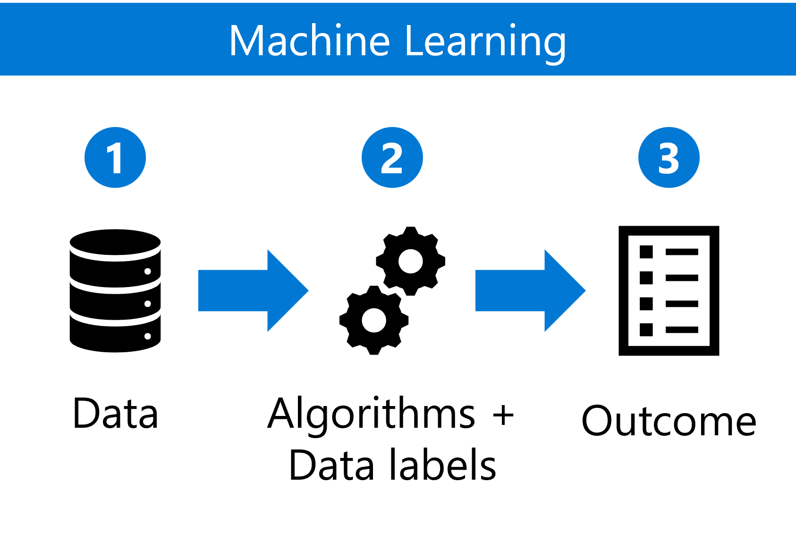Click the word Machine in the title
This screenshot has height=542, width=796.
(x=309, y=41)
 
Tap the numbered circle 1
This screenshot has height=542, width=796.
(x=115, y=158)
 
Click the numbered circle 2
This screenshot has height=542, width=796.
(x=392, y=158)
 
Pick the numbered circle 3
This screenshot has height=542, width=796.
(x=669, y=158)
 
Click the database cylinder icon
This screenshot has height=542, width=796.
(x=115, y=291)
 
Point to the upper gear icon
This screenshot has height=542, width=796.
(x=410, y=261)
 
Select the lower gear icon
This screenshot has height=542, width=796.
(x=374, y=321)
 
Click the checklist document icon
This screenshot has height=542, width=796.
(x=669, y=291)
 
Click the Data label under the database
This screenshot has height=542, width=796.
(x=115, y=414)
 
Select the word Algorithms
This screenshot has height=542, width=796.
(x=371, y=415)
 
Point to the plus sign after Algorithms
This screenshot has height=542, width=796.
(x=503, y=415)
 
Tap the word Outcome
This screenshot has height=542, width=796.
(x=669, y=421)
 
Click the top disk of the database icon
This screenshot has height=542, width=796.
(x=115, y=242)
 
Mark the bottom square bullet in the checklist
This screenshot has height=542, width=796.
(x=646, y=330)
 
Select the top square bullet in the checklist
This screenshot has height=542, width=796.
(x=646, y=252)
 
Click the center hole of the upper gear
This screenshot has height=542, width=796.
(x=410, y=262)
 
